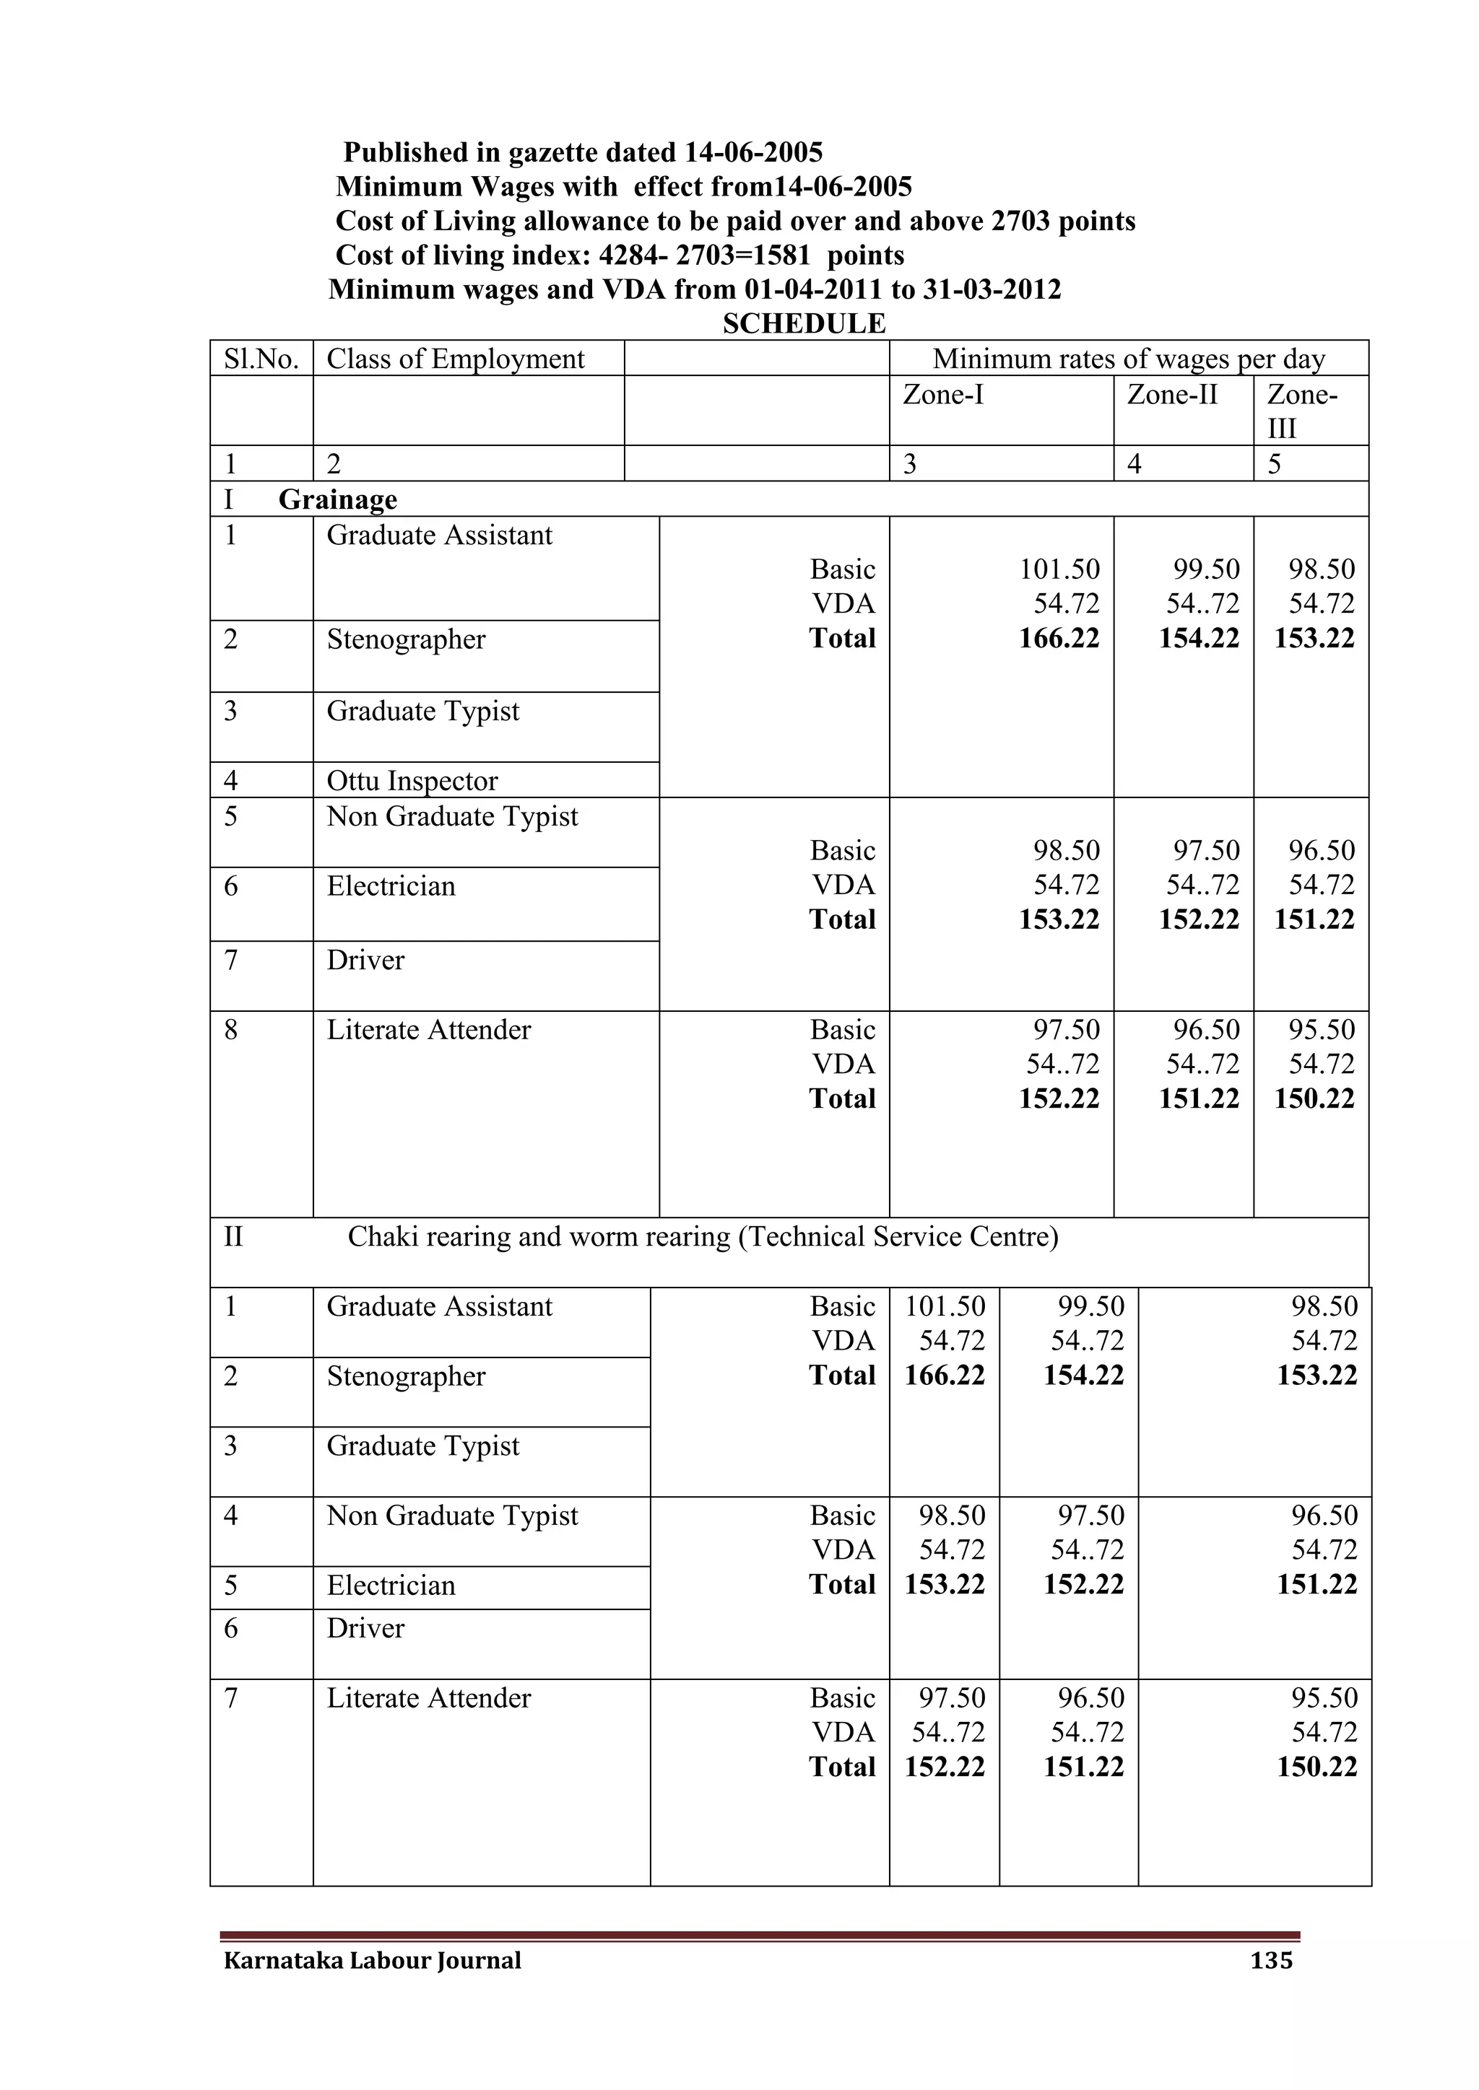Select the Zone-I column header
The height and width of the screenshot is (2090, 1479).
click(x=942, y=394)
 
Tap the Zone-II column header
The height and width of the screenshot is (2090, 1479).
click(x=1171, y=394)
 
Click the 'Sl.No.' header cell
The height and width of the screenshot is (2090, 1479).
click(x=261, y=359)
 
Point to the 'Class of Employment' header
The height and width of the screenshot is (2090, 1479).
click(x=456, y=359)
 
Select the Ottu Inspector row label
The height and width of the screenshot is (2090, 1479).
click(x=412, y=781)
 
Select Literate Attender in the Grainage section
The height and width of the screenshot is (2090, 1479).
click(x=428, y=1030)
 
